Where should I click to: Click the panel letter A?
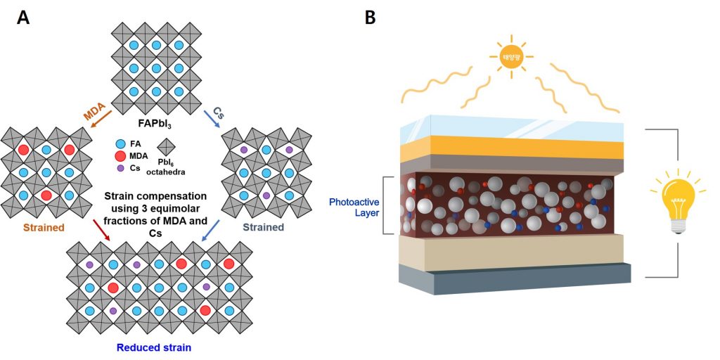click(23, 18)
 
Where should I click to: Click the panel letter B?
click(370, 18)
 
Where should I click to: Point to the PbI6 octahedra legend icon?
click(167, 146)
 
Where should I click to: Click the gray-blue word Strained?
click(263, 227)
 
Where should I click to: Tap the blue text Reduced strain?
click(153, 347)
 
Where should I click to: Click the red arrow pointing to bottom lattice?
click(101, 229)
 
